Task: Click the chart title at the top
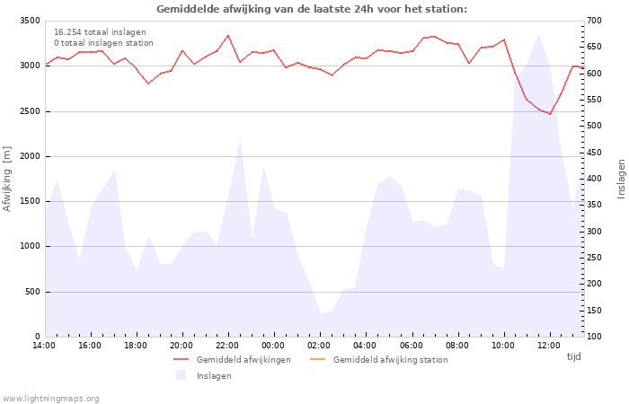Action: click(x=312, y=9)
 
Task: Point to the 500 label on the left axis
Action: click(x=32, y=292)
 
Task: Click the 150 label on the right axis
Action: click(x=594, y=311)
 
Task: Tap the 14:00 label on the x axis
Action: click(x=44, y=346)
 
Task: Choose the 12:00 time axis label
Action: click(x=549, y=346)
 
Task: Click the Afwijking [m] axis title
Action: click(x=7, y=179)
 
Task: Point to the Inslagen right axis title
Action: click(x=621, y=179)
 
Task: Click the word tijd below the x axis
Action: click(x=573, y=356)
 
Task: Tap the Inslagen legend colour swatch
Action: click(x=181, y=374)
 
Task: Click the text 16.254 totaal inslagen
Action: click(x=100, y=32)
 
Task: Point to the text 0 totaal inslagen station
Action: click(x=103, y=43)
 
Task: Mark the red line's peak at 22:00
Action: click(x=228, y=35)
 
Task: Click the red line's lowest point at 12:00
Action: click(x=550, y=114)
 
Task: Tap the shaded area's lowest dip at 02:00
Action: click(x=321, y=313)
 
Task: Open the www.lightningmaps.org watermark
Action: click(x=50, y=399)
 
